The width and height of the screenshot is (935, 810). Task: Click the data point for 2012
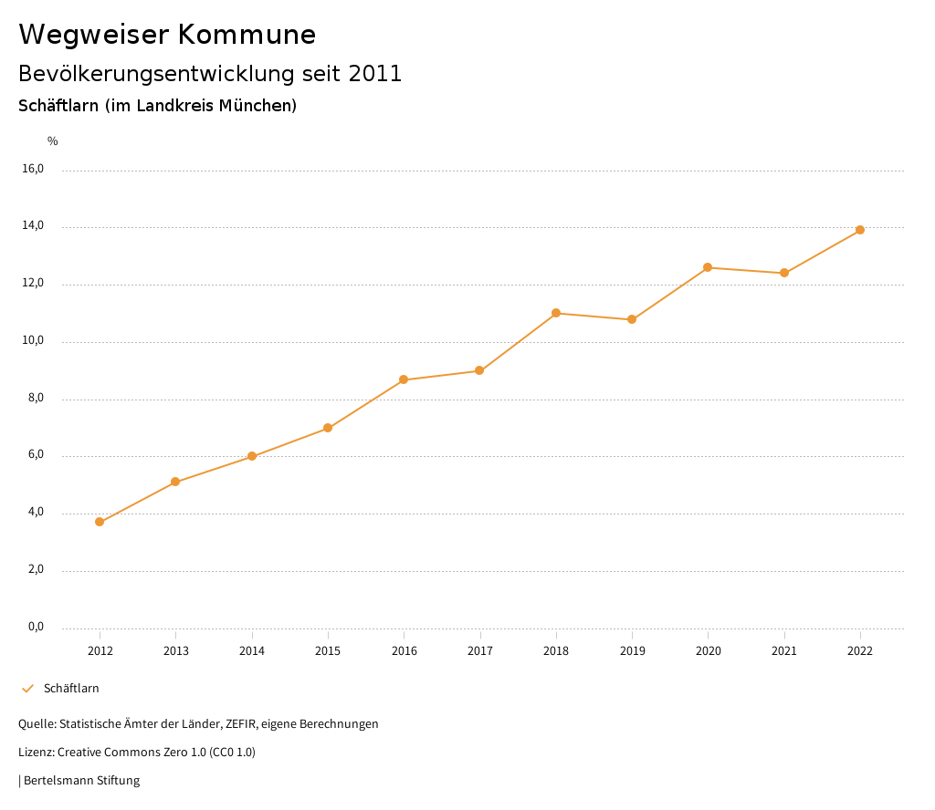(100, 522)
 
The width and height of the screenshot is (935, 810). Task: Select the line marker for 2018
(556, 313)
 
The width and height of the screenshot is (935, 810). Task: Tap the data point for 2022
(860, 230)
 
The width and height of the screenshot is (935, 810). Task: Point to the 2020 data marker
(708, 267)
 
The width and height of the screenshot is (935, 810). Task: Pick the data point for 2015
(328, 428)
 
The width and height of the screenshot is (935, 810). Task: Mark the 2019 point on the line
(632, 319)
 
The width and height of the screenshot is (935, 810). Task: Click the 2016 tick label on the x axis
(404, 651)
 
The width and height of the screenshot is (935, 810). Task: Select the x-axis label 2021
(784, 651)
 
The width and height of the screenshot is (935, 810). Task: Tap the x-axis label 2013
(176, 651)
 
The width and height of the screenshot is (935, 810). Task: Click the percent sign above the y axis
(53, 141)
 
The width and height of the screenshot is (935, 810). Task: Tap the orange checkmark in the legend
(27, 689)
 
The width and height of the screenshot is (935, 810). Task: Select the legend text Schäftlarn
(71, 689)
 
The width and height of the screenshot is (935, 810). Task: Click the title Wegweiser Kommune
(167, 35)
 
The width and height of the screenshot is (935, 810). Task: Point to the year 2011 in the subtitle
(375, 74)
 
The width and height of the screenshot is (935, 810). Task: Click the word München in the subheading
(258, 106)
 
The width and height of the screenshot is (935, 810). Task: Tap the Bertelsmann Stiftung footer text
(81, 781)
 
